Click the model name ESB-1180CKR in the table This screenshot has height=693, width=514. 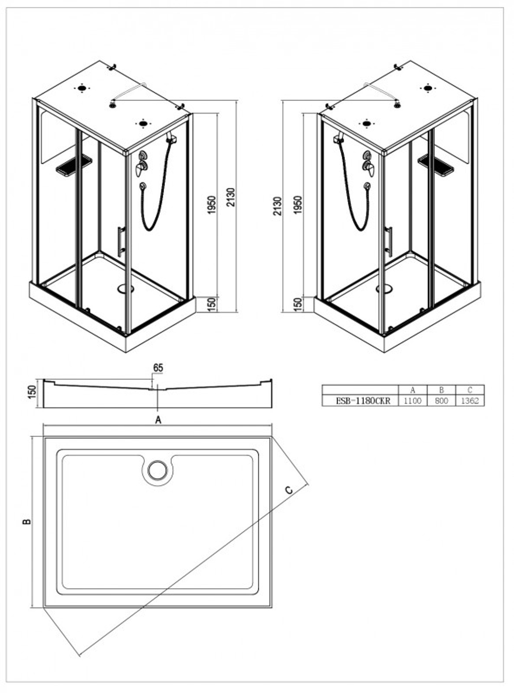tap(363, 401)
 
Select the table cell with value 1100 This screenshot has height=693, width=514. tap(413, 401)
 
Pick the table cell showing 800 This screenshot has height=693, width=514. tap(441, 401)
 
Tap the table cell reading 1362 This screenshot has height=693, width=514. tap(470, 401)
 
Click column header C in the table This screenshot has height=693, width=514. tap(470, 390)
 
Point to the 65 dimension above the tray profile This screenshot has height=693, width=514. tap(158, 368)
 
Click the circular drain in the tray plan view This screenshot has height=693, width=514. tap(157, 470)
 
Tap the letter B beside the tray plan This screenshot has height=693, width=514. tap(27, 521)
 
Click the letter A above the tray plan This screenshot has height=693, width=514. tap(158, 420)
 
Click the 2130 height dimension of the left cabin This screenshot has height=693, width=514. tap(231, 197)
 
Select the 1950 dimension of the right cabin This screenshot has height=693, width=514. tap(298, 205)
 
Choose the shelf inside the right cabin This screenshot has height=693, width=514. tap(436, 166)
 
